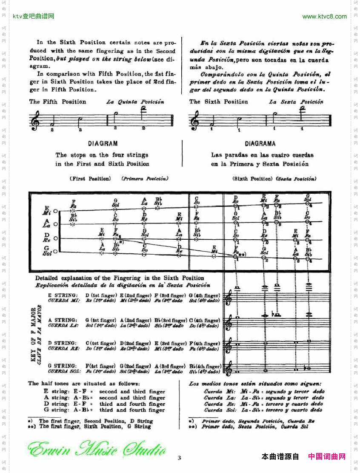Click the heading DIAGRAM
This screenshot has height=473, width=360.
pos(103,144)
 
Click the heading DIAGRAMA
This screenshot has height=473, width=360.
pos(260,144)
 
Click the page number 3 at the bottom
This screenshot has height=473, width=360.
pos(180,458)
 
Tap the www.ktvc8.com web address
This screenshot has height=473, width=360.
pos(324,17)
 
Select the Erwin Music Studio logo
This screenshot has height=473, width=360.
pos(97,450)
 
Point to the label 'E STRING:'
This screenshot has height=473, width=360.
pos(63,295)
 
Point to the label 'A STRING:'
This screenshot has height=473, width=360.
pos(63,320)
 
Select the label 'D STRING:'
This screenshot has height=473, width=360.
pos(63,343)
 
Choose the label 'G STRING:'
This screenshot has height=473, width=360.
pos(63,366)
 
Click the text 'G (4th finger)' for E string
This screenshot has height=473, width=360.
pos(204,295)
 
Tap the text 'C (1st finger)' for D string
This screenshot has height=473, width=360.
pos(101,343)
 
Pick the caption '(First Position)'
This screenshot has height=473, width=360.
pos(90,179)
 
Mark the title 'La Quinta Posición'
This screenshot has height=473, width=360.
pos(135,102)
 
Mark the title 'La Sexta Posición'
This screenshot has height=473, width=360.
pos(296,102)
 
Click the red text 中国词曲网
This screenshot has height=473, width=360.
pos(326,457)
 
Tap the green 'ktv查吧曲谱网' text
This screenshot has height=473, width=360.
pos(34,17)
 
